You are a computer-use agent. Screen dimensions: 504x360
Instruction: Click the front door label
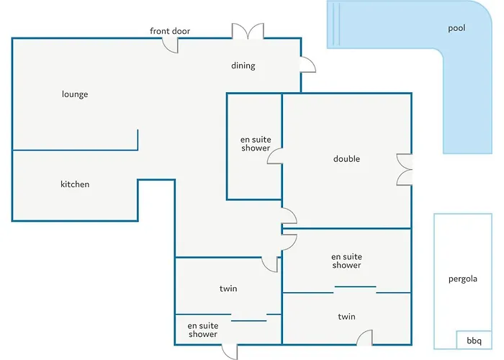170,31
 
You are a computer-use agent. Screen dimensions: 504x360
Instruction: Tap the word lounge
75,94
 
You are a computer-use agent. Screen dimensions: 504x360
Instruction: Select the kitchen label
75,184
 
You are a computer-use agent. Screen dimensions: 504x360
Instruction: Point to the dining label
243,66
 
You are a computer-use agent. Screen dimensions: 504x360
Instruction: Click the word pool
456,28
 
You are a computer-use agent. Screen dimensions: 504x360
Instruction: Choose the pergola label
463,279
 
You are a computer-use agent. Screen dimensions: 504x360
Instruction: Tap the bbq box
474,340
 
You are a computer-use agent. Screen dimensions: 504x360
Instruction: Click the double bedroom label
346,159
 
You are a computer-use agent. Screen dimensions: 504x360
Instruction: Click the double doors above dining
248,31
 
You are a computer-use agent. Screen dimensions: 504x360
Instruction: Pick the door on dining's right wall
308,65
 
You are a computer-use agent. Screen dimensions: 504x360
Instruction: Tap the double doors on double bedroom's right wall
405,169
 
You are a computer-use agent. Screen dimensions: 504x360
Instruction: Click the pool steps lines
336,24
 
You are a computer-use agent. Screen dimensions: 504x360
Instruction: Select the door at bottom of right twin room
364,338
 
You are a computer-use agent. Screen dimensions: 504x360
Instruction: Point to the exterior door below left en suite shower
230,351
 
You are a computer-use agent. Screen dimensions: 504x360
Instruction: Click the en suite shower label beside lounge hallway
256,144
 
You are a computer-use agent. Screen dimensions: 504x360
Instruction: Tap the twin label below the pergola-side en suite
346,317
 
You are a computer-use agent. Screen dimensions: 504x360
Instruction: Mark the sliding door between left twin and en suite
249,320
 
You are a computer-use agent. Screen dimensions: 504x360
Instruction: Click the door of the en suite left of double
275,156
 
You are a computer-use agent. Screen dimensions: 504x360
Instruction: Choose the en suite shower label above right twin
346,261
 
